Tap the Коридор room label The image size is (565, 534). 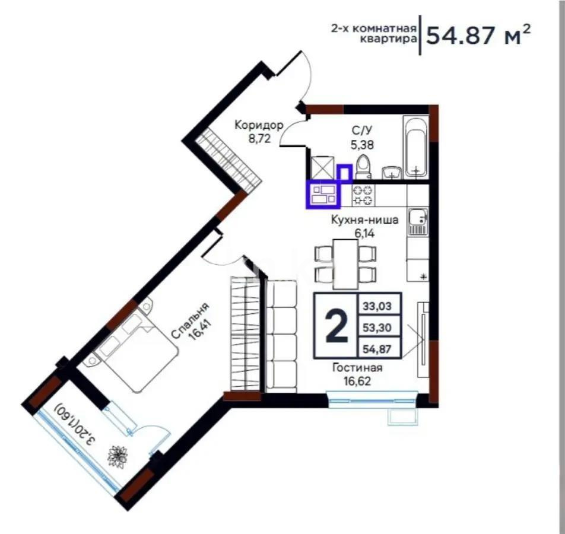tap(259, 125)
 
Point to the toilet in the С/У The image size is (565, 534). tap(364, 166)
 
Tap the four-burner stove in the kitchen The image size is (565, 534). tap(363, 195)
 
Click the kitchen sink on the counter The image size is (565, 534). tap(418, 221)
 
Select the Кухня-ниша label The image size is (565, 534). tap(364, 220)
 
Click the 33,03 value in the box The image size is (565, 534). tap(379, 307)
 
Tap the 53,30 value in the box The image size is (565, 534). tap(379, 327)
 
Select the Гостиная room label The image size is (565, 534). tap(357, 368)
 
